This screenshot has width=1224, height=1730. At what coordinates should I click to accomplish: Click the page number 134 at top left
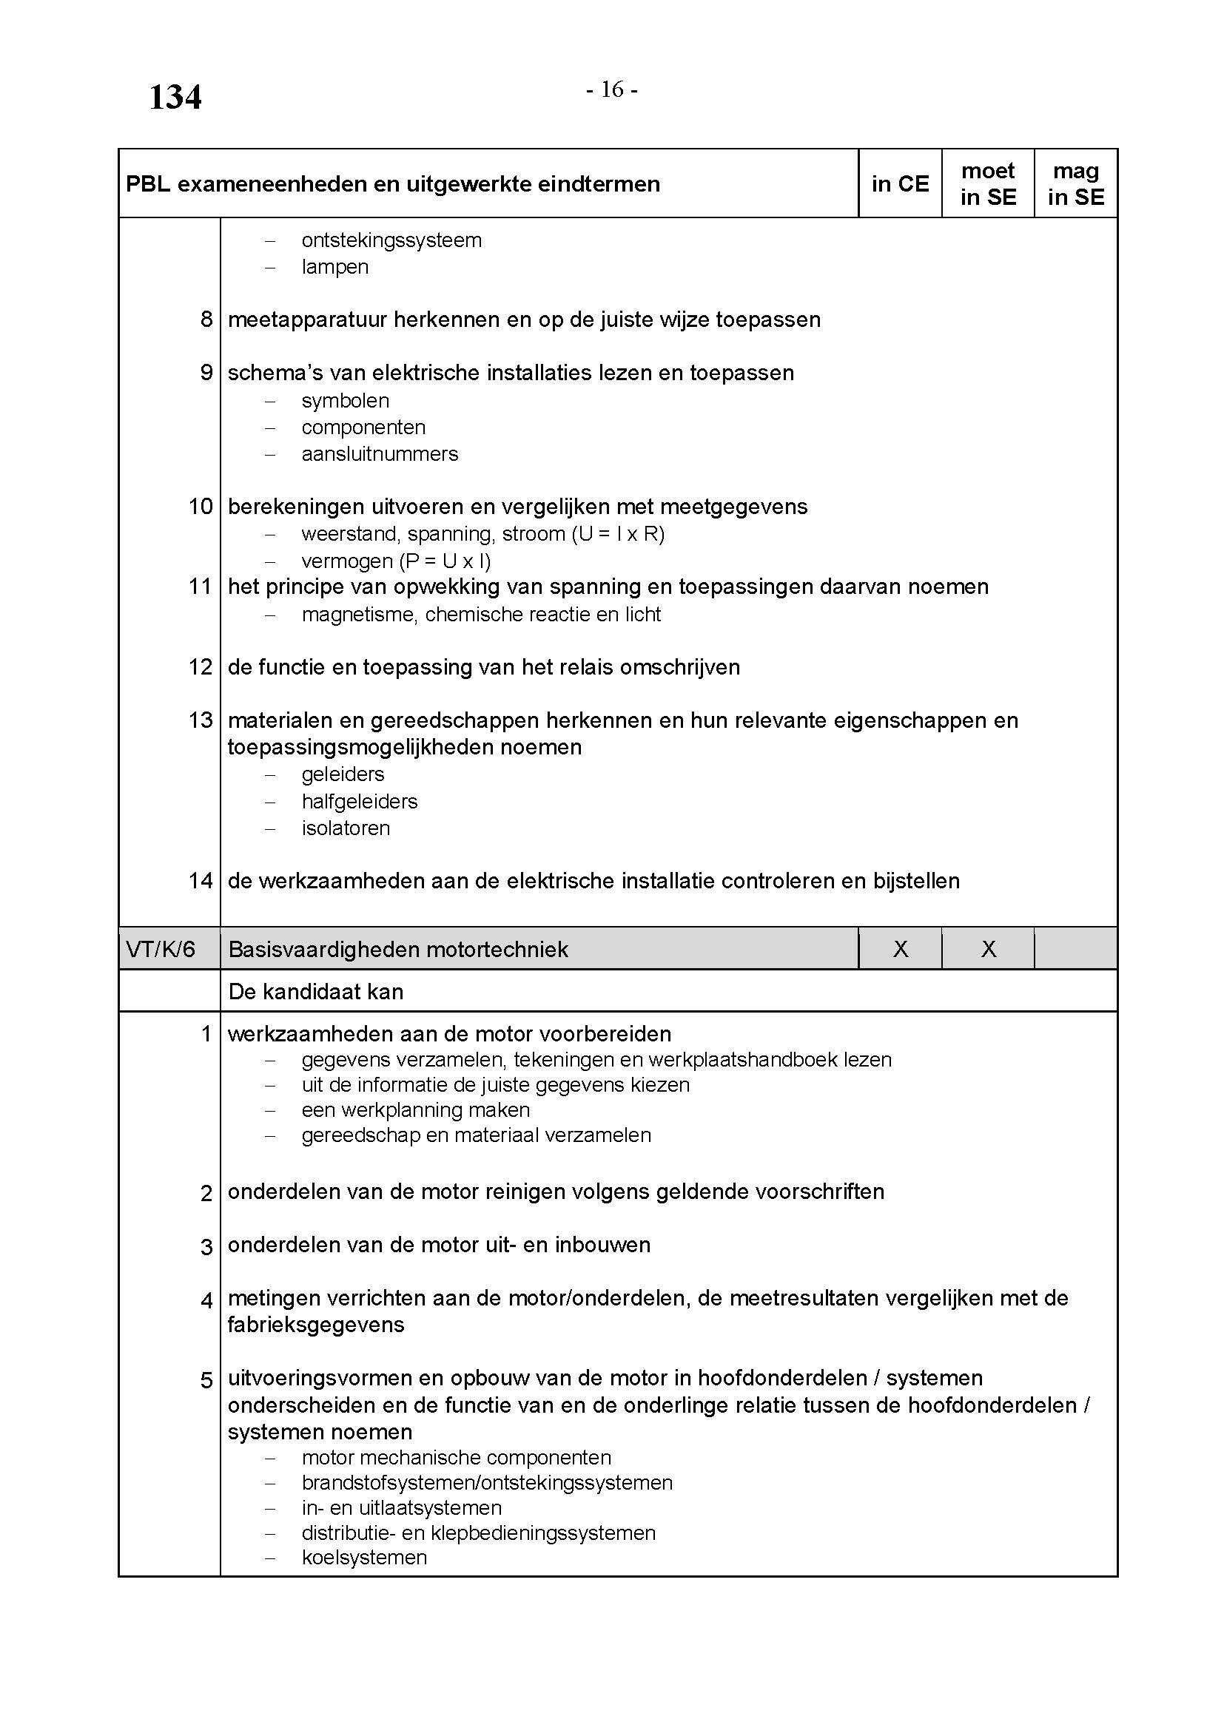175,98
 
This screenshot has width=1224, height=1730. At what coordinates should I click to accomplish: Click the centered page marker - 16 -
612,90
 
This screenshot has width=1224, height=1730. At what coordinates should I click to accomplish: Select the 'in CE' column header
900,184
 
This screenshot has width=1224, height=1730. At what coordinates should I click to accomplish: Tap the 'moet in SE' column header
987,184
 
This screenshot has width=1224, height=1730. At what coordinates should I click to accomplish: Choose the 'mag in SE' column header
1075,184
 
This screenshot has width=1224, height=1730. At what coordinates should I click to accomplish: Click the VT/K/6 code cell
161,949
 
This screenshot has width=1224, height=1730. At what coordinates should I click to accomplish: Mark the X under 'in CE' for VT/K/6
900,949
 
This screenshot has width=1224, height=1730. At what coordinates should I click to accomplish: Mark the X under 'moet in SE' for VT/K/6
988,949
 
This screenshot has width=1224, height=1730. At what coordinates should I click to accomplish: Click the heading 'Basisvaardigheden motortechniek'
398,949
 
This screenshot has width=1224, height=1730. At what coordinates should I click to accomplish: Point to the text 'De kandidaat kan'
316,991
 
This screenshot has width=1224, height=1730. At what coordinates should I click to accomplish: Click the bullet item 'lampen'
334,267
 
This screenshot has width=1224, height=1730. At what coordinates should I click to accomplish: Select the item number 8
206,320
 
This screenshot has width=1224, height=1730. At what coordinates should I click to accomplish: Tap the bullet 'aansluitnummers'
380,453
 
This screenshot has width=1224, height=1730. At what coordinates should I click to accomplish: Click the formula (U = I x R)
618,534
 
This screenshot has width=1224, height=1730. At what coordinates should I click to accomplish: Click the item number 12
201,667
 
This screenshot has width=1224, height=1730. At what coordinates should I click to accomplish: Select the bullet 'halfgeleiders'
360,801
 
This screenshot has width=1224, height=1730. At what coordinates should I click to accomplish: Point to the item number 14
201,880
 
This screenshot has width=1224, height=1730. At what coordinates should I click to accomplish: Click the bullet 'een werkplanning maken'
415,1110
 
